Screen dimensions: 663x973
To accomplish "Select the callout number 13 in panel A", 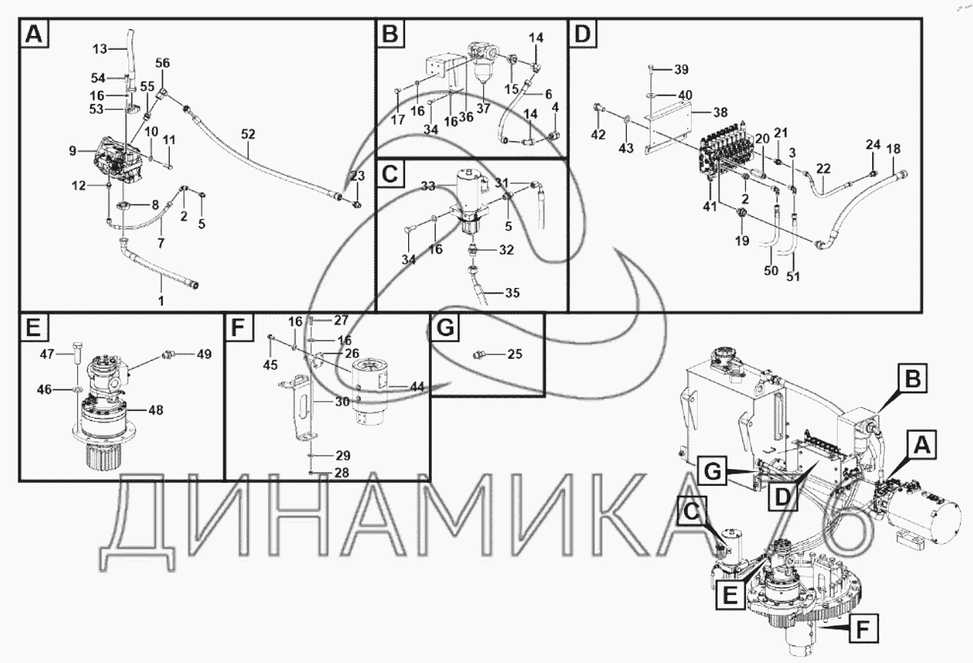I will (101, 50).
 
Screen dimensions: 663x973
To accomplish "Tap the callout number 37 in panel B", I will (483, 108).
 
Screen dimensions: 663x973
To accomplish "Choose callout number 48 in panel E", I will (155, 410).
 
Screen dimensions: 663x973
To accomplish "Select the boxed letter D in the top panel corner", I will (583, 34).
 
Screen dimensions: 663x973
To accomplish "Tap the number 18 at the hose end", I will (893, 148).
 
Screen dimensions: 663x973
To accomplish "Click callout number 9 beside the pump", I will (73, 151).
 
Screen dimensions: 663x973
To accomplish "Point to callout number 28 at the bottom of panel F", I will (342, 473).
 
